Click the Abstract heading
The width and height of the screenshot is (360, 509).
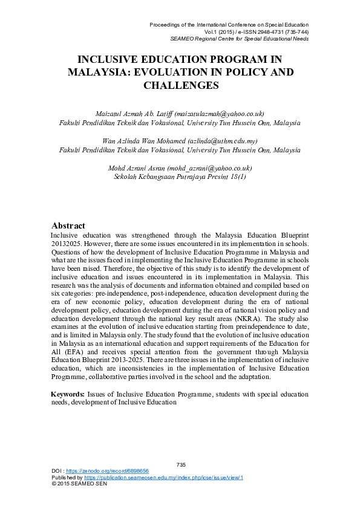[x=68, y=225]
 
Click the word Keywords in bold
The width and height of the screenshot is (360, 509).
[x=67, y=394]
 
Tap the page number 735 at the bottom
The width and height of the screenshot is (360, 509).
[x=180, y=464]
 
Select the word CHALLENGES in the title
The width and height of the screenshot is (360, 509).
[x=180, y=85]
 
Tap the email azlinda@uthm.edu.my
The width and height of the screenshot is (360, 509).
[x=220, y=141]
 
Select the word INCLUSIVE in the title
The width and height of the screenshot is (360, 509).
[x=116, y=59]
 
